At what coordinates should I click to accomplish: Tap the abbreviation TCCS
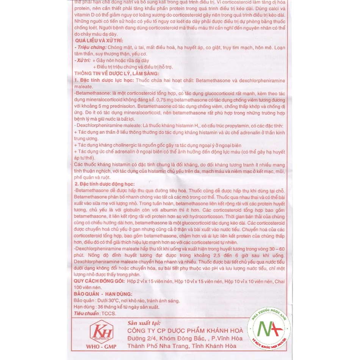click(109, 313)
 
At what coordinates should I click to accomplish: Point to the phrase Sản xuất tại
click(144, 323)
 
